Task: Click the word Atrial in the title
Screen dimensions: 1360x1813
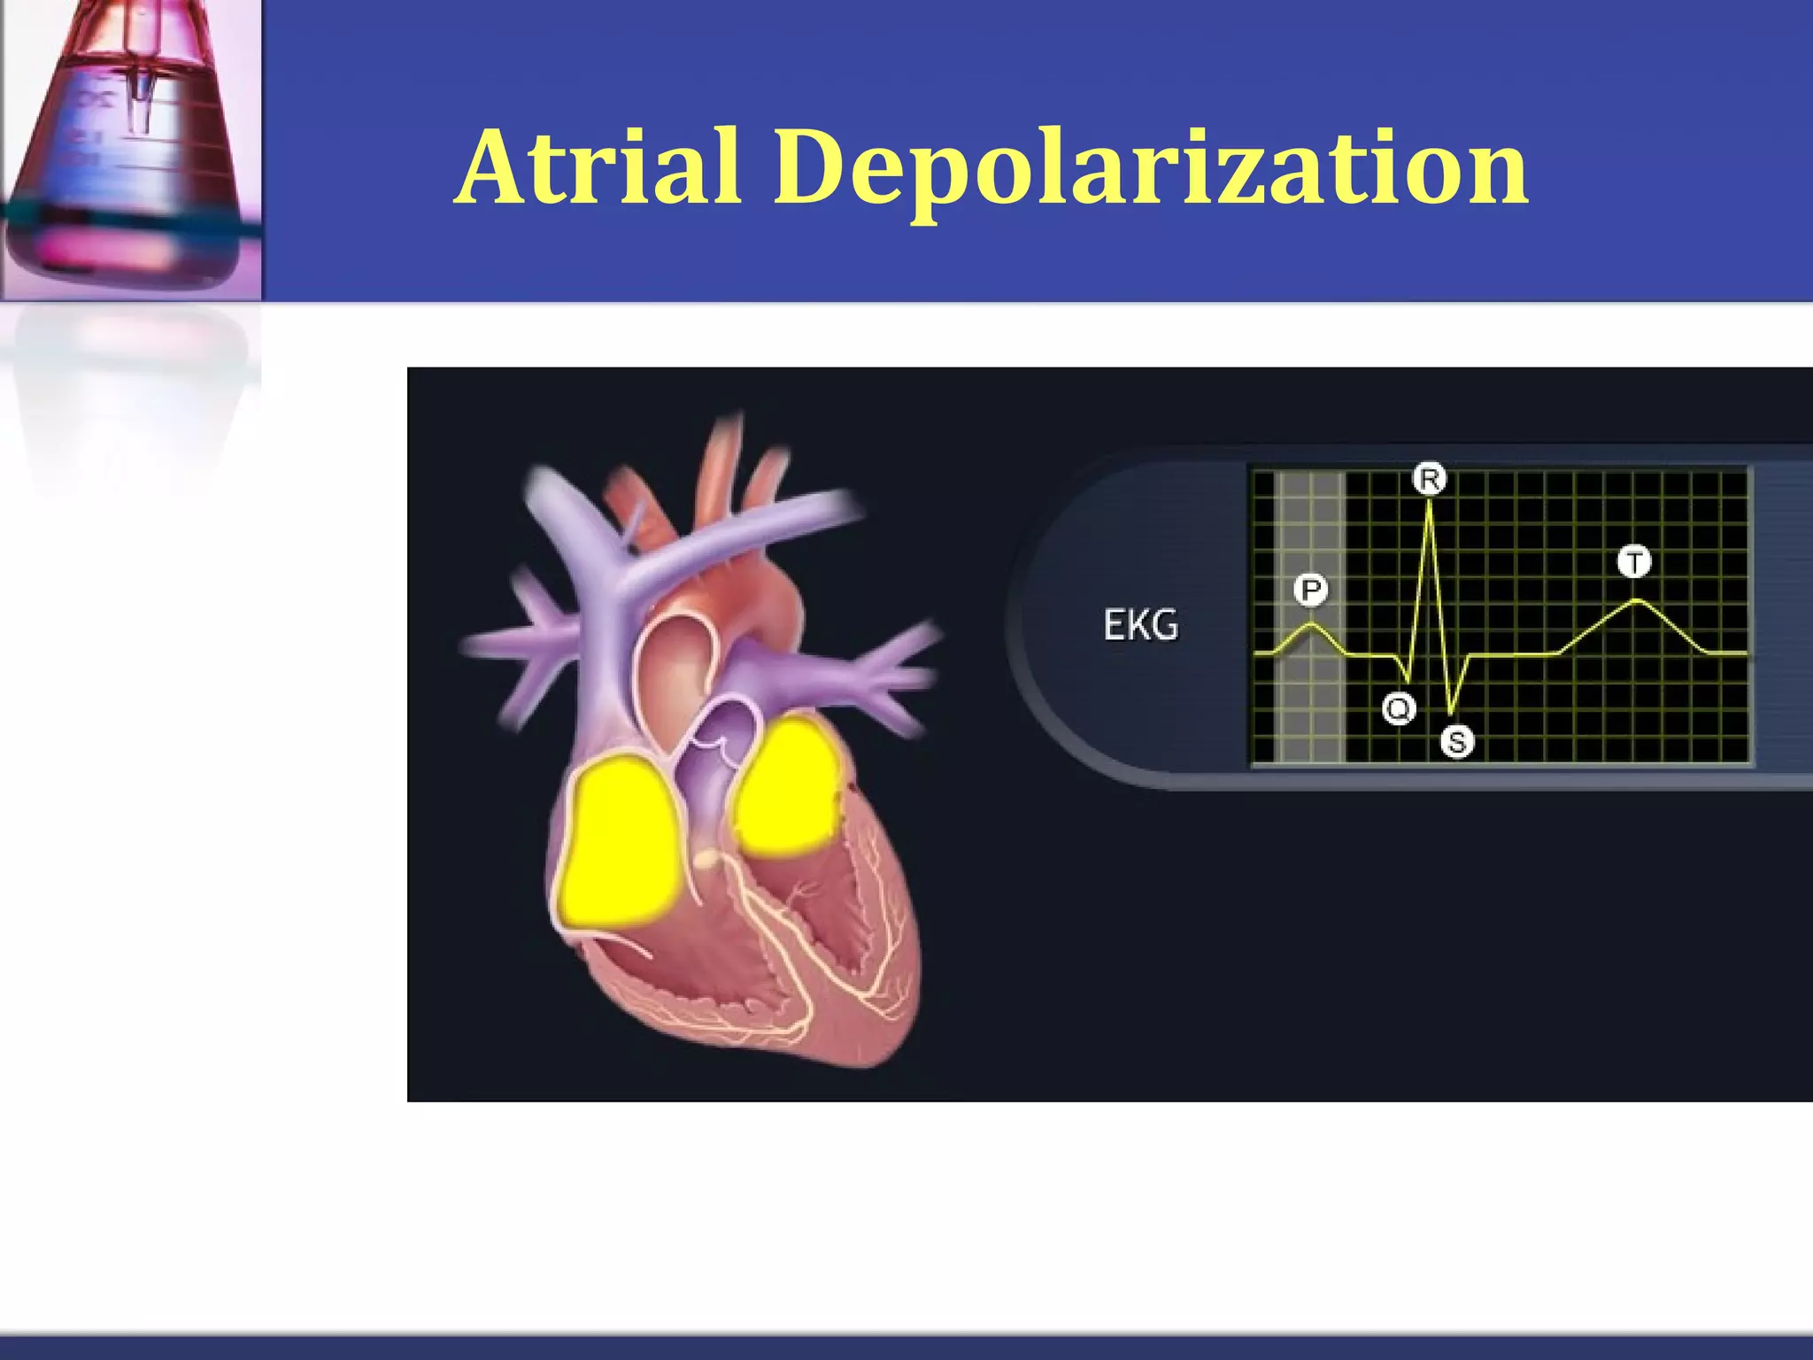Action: pyautogui.click(x=598, y=167)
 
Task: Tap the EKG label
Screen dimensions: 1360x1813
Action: pyautogui.click(x=1140, y=626)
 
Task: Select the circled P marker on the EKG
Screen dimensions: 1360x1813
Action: pyautogui.click(x=1311, y=590)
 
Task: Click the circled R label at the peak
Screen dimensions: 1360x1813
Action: pyautogui.click(x=1429, y=479)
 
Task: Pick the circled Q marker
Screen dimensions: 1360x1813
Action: pyautogui.click(x=1399, y=708)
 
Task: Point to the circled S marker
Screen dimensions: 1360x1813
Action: pyautogui.click(x=1457, y=741)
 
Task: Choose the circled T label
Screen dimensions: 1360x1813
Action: pyautogui.click(x=1634, y=561)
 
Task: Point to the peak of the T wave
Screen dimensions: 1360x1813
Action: pyautogui.click(x=1637, y=601)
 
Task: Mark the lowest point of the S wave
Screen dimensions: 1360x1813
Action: pyautogui.click(x=1450, y=713)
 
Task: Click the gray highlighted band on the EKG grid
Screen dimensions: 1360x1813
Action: pyautogui.click(x=1310, y=708)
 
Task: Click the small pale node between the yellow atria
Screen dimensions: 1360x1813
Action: pyautogui.click(x=706, y=858)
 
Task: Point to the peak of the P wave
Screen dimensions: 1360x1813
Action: pyautogui.click(x=1313, y=624)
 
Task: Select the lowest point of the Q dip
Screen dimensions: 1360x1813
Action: pyautogui.click(x=1408, y=683)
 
